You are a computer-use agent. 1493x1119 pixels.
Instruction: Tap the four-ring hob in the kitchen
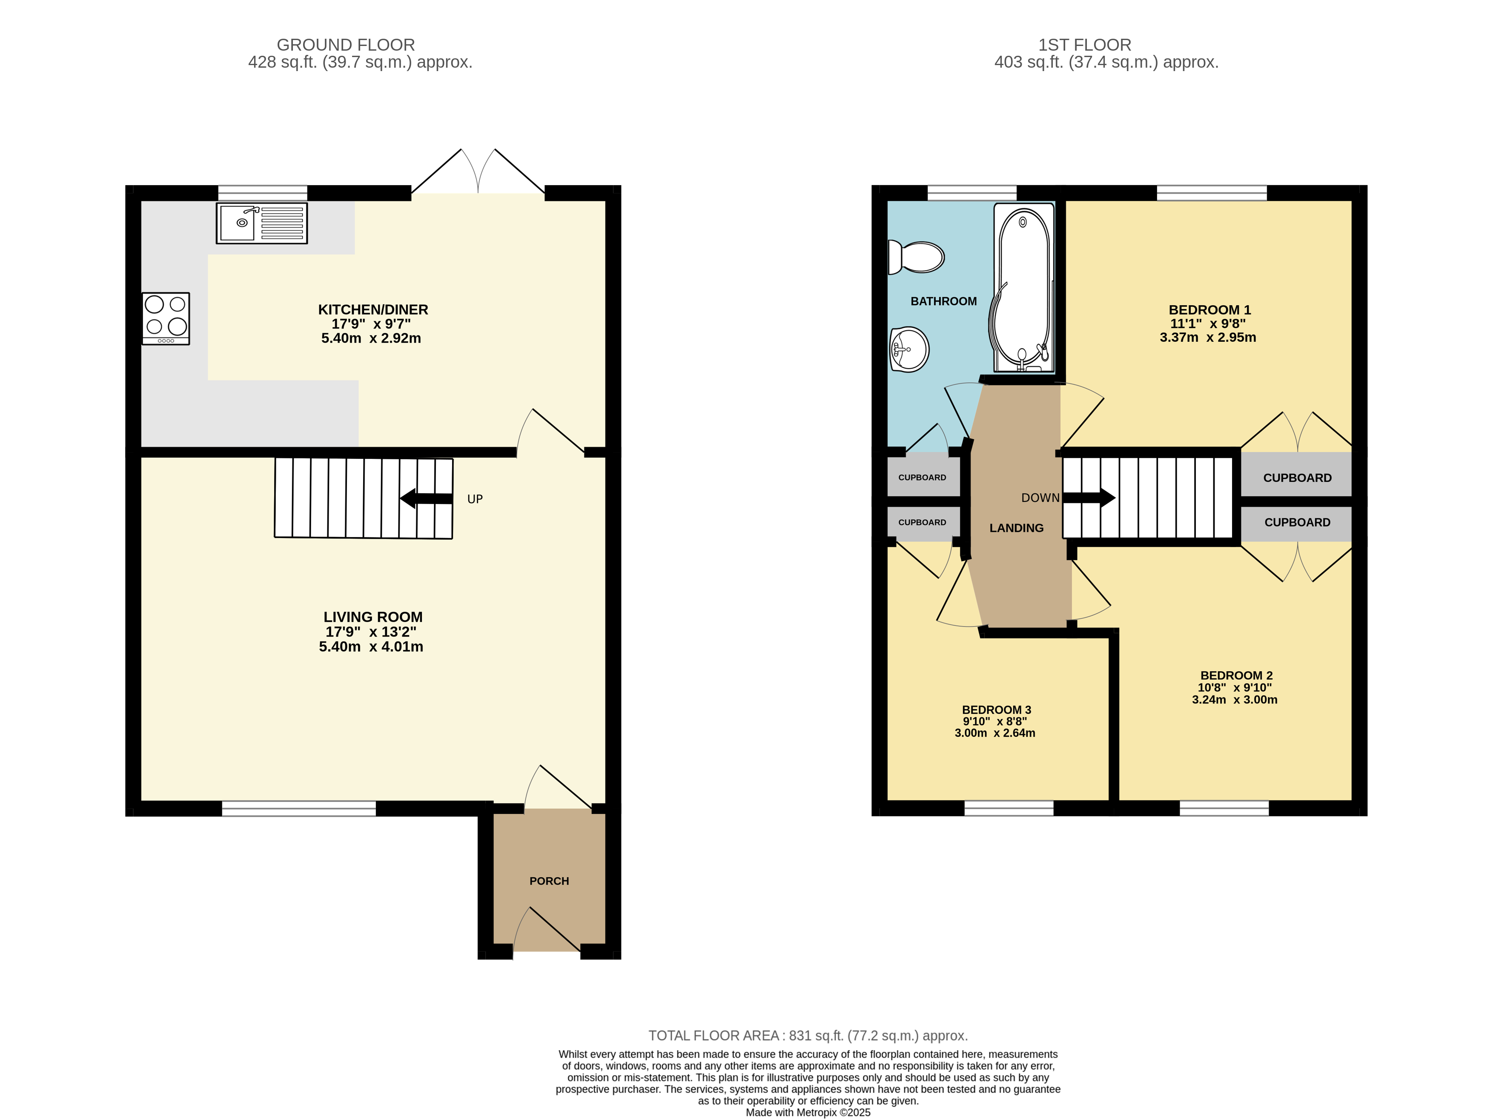[165, 318]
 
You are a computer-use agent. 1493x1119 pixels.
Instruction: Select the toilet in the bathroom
[916, 257]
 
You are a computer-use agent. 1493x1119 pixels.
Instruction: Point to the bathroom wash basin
[909, 349]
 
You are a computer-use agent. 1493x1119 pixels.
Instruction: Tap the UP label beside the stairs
[475, 499]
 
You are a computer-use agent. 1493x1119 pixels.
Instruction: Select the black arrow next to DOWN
[1089, 498]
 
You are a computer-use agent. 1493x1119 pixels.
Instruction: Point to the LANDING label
[1017, 528]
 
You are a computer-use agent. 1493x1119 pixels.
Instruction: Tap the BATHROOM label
[943, 301]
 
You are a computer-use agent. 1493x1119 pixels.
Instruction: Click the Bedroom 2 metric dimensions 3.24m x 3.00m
[1235, 700]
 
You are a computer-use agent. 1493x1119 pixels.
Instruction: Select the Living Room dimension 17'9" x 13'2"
[371, 632]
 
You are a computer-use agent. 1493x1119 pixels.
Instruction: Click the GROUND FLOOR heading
[346, 45]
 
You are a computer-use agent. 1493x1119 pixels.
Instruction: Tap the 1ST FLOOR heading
[1085, 45]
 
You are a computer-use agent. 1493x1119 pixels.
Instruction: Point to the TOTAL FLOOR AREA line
[808, 1035]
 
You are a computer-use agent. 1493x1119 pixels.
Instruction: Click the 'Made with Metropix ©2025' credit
[808, 1112]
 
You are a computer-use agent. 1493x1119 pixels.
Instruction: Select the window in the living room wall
[299, 809]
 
